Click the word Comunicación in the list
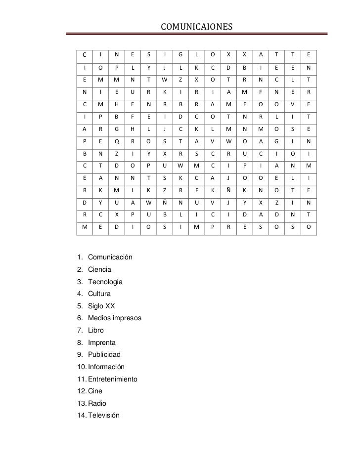[x=110, y=257]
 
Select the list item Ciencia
[x=99, y=270]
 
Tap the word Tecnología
[x=105, y=282]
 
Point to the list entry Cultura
[x=99, y=294]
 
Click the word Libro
[x=96, y=331]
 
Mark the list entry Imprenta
[x=102, y=342]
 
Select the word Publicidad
[x=104, y=355]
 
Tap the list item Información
[x=106, y=367]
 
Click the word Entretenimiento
[x=113, y=379]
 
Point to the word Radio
[x=97, y=403]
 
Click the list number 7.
[x=79, y=331]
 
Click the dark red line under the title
[x=197, y=34]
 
